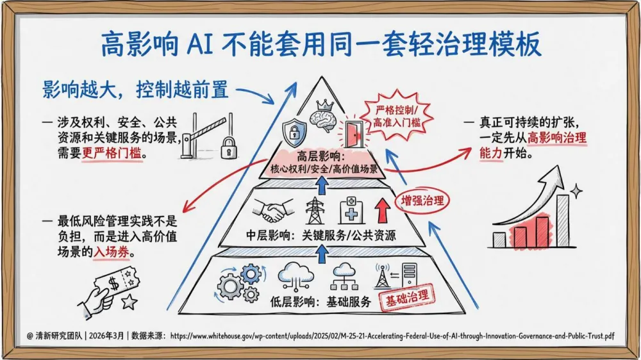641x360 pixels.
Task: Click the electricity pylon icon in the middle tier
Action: pos(315,209)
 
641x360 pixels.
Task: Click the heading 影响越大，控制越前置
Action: pos(135,90)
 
